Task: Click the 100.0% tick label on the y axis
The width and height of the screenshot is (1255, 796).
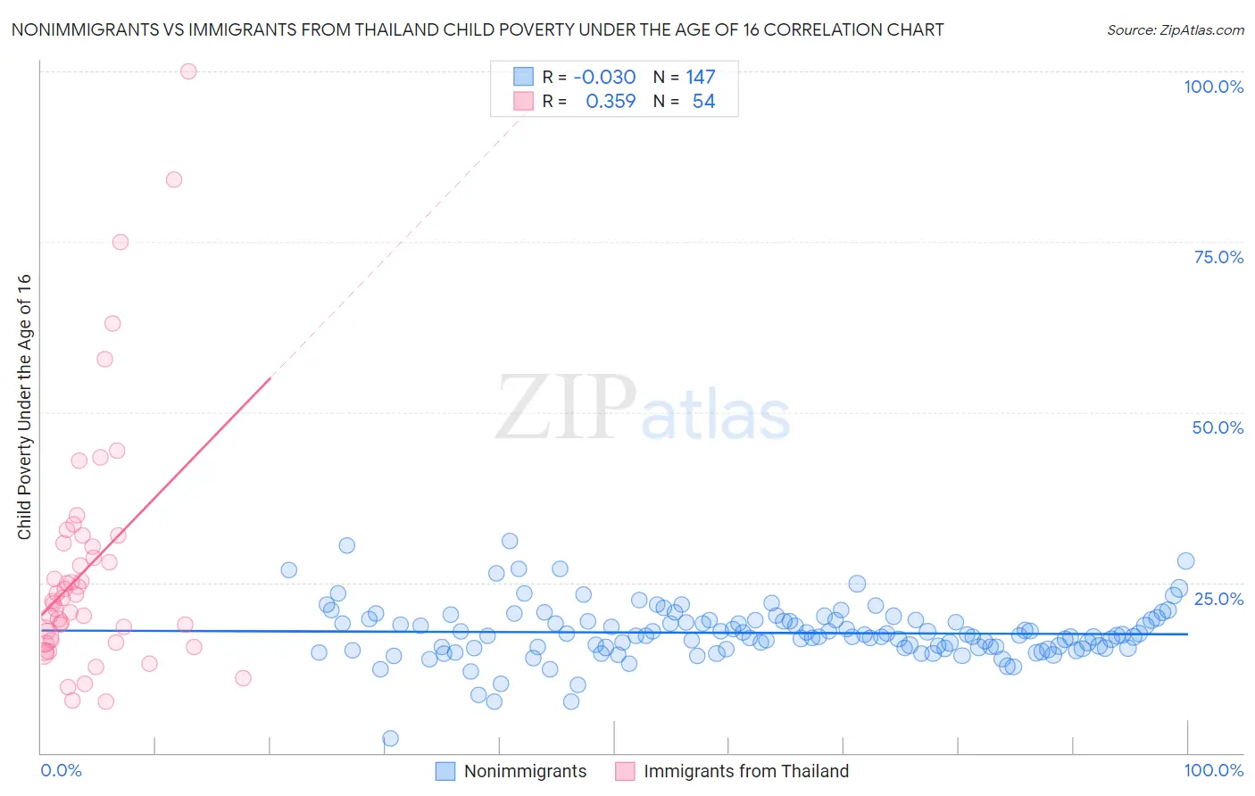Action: click(x=1213, y=87)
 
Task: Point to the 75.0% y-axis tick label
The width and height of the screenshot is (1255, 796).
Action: click(x=1218, y=257)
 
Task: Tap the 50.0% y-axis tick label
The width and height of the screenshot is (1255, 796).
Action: click(x=1218, y=427)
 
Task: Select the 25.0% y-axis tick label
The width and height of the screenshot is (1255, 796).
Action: click(x=1218, y=598)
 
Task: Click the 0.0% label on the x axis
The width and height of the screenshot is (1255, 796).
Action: click(x=61, y=770)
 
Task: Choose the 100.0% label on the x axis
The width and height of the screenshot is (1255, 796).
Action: click(x=1213, y=770)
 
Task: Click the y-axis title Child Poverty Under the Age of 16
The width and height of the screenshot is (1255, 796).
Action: click(x=24, y=406)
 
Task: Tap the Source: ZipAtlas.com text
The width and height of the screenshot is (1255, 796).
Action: click(x=1175, y=29)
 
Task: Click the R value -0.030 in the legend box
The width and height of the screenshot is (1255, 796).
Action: click(x=604, y=78)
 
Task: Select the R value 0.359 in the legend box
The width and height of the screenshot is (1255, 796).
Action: click(x=611, y=102)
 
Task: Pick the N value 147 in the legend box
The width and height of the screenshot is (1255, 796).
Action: click(x=701, y=78)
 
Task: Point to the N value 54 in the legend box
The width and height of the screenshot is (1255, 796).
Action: click(x=703, y=102)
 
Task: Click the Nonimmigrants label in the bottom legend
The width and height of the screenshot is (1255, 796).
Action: click(x=525, y=771)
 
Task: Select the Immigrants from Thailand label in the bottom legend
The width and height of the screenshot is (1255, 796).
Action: click(x=746, y=771)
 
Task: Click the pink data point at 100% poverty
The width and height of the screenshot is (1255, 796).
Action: click(x=188, y=71)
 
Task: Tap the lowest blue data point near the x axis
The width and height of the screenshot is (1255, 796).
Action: click(x=390, y=738)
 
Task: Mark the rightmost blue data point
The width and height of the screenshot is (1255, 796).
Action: click(x=1185, y=560)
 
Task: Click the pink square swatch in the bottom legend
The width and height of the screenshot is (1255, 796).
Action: click(x=625, y=771)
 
